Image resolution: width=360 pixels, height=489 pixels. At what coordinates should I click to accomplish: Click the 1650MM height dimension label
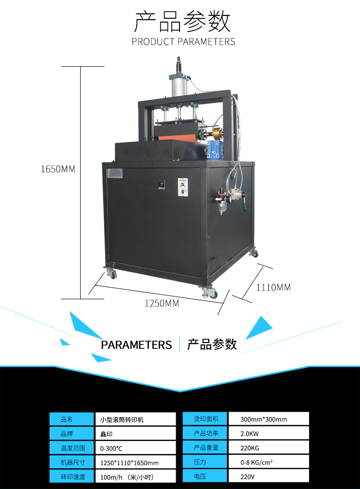click(58, 169)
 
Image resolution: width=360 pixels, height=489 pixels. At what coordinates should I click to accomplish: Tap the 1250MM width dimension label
click(162, 303)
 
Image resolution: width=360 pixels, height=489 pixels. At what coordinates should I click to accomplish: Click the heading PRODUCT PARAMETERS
click(183, 41)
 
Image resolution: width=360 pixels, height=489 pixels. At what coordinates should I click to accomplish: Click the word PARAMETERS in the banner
click(136, 345)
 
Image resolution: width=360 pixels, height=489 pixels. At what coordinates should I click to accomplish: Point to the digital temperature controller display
click(161, 185)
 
